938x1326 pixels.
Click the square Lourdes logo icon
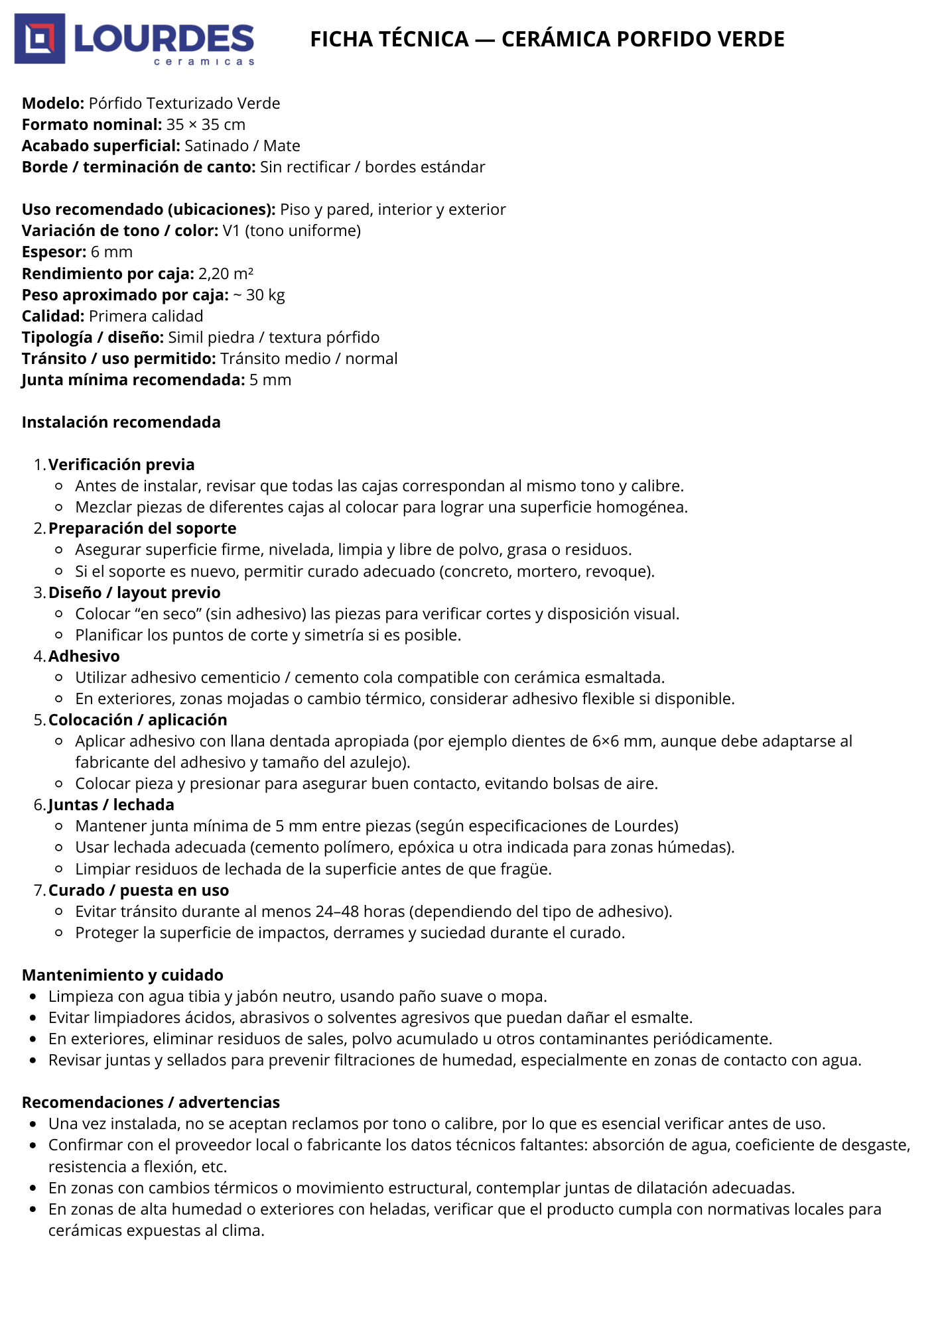coord(40,38)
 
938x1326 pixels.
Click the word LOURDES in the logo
coord(164,39)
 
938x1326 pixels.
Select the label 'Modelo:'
coord(53,103)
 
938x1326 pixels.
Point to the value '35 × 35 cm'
coord(206,125)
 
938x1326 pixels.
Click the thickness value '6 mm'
coord(111,252)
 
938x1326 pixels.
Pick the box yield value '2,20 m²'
coord(226,274)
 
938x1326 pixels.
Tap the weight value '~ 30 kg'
coord(259,295)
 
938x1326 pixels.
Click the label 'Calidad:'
coord(53,316)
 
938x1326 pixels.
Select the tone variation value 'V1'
coord(231,231)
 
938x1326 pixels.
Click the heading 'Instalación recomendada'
coord(121,422)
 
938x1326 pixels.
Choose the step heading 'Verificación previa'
coord(121,465)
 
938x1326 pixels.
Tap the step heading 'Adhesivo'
coord(84,656)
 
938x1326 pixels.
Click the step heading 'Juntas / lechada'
coord(111,805)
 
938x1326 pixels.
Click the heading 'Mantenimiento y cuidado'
coord(123,975)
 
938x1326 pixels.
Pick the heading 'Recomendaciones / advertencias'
coord(151,1103)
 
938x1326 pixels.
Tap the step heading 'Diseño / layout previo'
coord(135,593)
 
